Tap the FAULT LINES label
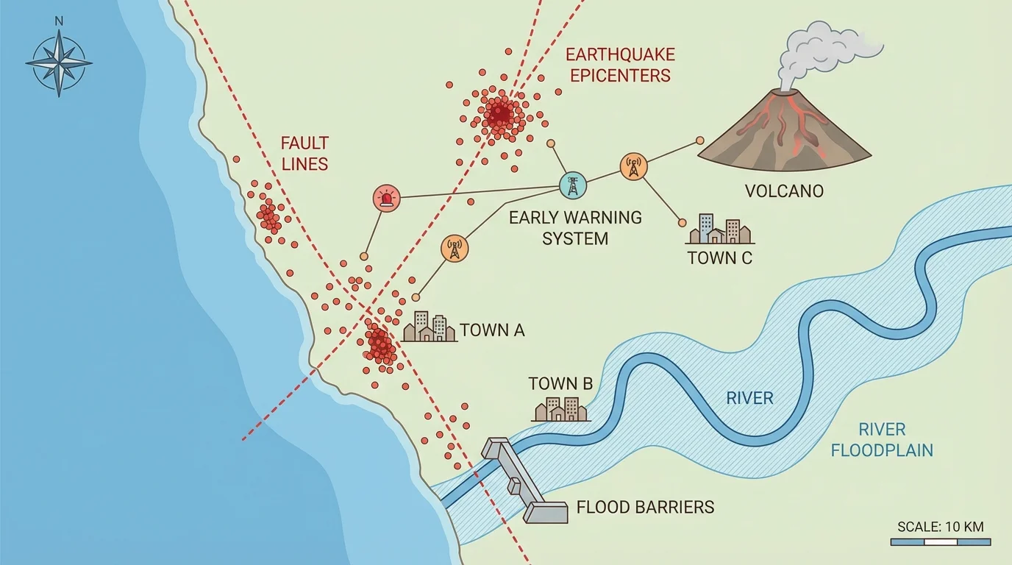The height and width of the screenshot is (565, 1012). coord(304,153)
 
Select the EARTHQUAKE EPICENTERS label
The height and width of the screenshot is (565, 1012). coord(620,65)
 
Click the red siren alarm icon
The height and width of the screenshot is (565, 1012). coord(387,198)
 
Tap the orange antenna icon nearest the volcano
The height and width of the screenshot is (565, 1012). coord(633,166)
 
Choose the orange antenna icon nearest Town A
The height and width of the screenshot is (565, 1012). coord(454,249)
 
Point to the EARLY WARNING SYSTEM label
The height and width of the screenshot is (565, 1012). coord(575,228)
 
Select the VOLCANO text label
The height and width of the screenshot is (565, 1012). coord(784,191)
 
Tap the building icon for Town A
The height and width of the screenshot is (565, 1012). coord(430,327)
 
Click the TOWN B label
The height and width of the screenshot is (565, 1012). coord(560,383)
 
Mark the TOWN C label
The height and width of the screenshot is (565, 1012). coord(719,257)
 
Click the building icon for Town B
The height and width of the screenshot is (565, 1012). coord(560,409)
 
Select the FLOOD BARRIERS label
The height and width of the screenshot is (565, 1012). coord(645,507)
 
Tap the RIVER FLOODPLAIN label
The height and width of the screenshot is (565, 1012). coord(882,439)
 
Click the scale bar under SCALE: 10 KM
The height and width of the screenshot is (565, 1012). coord(940,542)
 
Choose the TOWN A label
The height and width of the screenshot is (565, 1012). coord(492,330)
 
